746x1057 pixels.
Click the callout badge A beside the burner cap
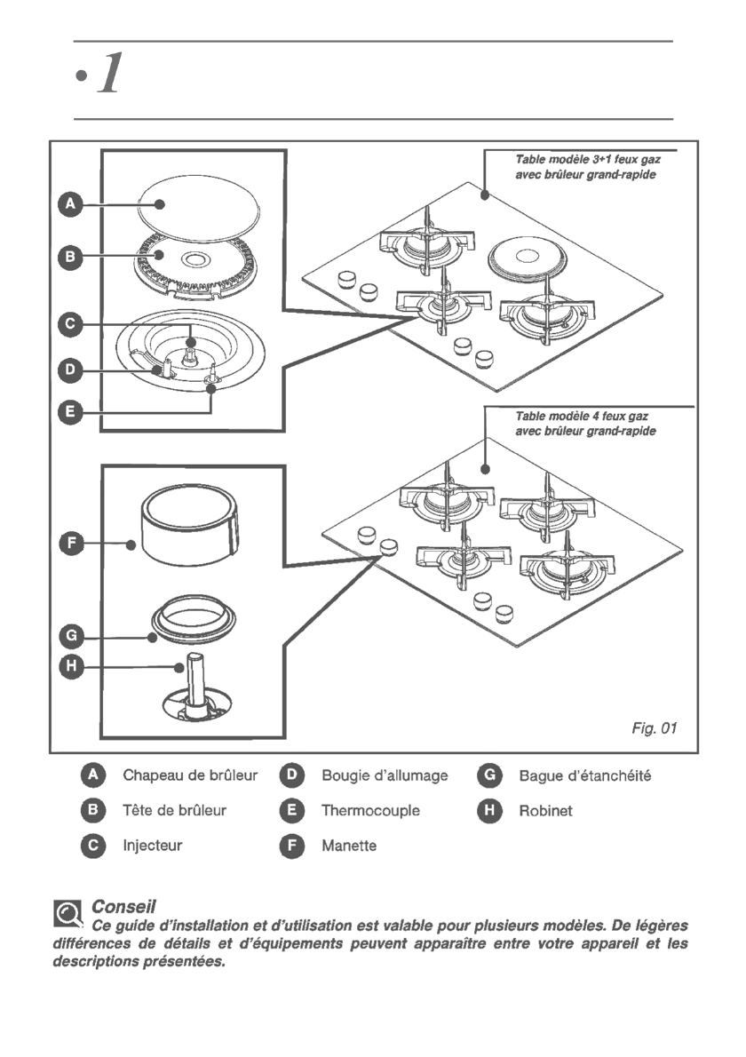click(x=69, y=206)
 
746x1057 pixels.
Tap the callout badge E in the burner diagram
click(x=69, y=412)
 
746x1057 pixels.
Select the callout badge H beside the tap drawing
click(x=69, y=666)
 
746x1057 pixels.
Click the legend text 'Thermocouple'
click(x=370, y=811)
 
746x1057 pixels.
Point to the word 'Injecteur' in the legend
click(x=152, y=846)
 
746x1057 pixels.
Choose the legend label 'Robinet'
click(x=546, y=811)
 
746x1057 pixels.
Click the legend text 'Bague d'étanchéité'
click(x=585, y=776)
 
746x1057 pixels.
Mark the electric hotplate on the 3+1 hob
click(x=528, y=257)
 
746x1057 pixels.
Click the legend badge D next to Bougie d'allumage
click(x=292, y=776)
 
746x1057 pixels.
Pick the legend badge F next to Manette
click(x=292, y=846)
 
